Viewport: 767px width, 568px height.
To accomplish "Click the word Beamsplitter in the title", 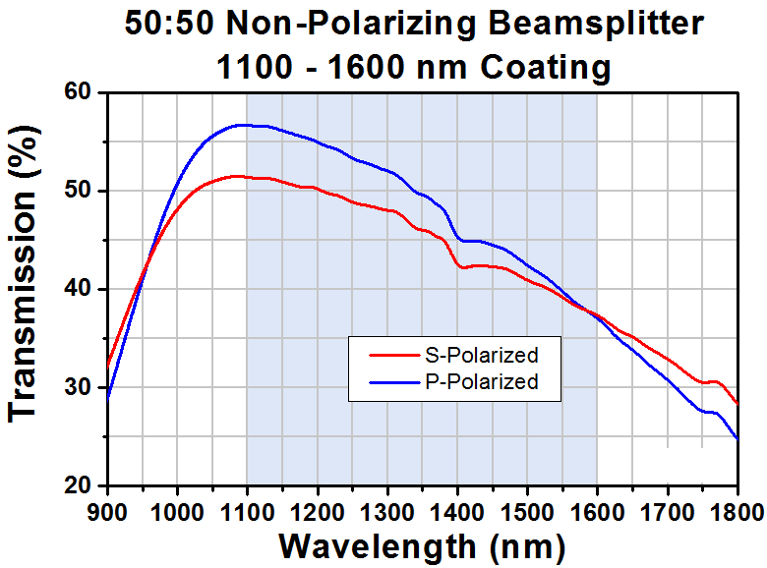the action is [x=596, y=25].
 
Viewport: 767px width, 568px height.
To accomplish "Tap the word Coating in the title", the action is [x=546, y=68].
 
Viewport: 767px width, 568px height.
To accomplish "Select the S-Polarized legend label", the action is [x=482, y=356].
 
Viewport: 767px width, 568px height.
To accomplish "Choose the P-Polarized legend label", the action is [x=482, y=381].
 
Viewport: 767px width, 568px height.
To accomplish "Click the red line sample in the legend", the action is [x=394, y=356].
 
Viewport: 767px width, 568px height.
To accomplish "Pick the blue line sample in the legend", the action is [x=394, y=382].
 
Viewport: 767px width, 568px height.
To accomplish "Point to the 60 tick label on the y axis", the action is [x=79, y=91].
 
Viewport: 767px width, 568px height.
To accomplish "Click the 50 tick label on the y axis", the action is [x=79, y=190].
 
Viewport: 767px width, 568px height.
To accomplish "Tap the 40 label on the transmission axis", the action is [x=79, y=288].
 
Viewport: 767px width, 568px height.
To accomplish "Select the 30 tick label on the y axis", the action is [x=79, y=387].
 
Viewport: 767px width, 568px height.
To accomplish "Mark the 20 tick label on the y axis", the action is [x=79, y=485].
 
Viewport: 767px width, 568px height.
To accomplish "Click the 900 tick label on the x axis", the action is [x=107, y=513].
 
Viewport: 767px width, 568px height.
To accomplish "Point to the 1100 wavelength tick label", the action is [x=247, y=513].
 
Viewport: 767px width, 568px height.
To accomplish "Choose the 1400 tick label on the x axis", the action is [x=457, y=513].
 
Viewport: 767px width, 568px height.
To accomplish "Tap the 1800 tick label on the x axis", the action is [x=737, y=513].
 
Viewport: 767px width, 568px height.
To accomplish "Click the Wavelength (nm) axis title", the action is [x=422, y=547].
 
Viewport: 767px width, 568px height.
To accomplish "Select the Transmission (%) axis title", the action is [x=23, y=274].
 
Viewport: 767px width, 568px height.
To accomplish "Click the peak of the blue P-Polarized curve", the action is [x=242, y=125].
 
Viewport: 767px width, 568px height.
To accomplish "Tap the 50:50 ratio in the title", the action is [x=169, y=25].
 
